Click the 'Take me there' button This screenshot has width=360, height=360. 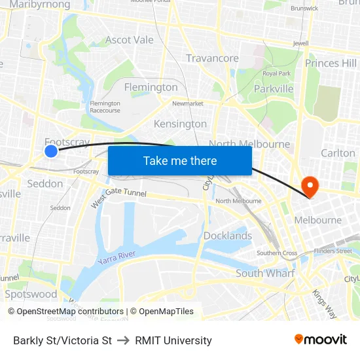[180, 160]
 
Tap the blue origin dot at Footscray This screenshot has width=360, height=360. [51, 151]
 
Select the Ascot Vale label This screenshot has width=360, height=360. [130, 40]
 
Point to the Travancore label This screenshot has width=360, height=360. [212, 58]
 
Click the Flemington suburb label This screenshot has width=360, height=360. [151, 87]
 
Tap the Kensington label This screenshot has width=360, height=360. [180, 124]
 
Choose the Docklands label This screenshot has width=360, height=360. [227, 236]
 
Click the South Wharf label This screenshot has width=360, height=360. [265, 273]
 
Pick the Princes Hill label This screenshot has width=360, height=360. [331, 63]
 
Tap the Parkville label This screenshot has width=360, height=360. [273, 88]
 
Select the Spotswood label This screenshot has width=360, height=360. [31, 294]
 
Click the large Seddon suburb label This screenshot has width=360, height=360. [45, 183]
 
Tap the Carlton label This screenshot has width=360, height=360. [338, 153]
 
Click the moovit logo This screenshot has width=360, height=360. [320, 339]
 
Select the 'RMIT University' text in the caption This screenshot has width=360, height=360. [173, 340]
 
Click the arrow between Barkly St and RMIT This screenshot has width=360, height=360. [123, 340]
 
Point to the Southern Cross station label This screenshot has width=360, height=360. [277, 253]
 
